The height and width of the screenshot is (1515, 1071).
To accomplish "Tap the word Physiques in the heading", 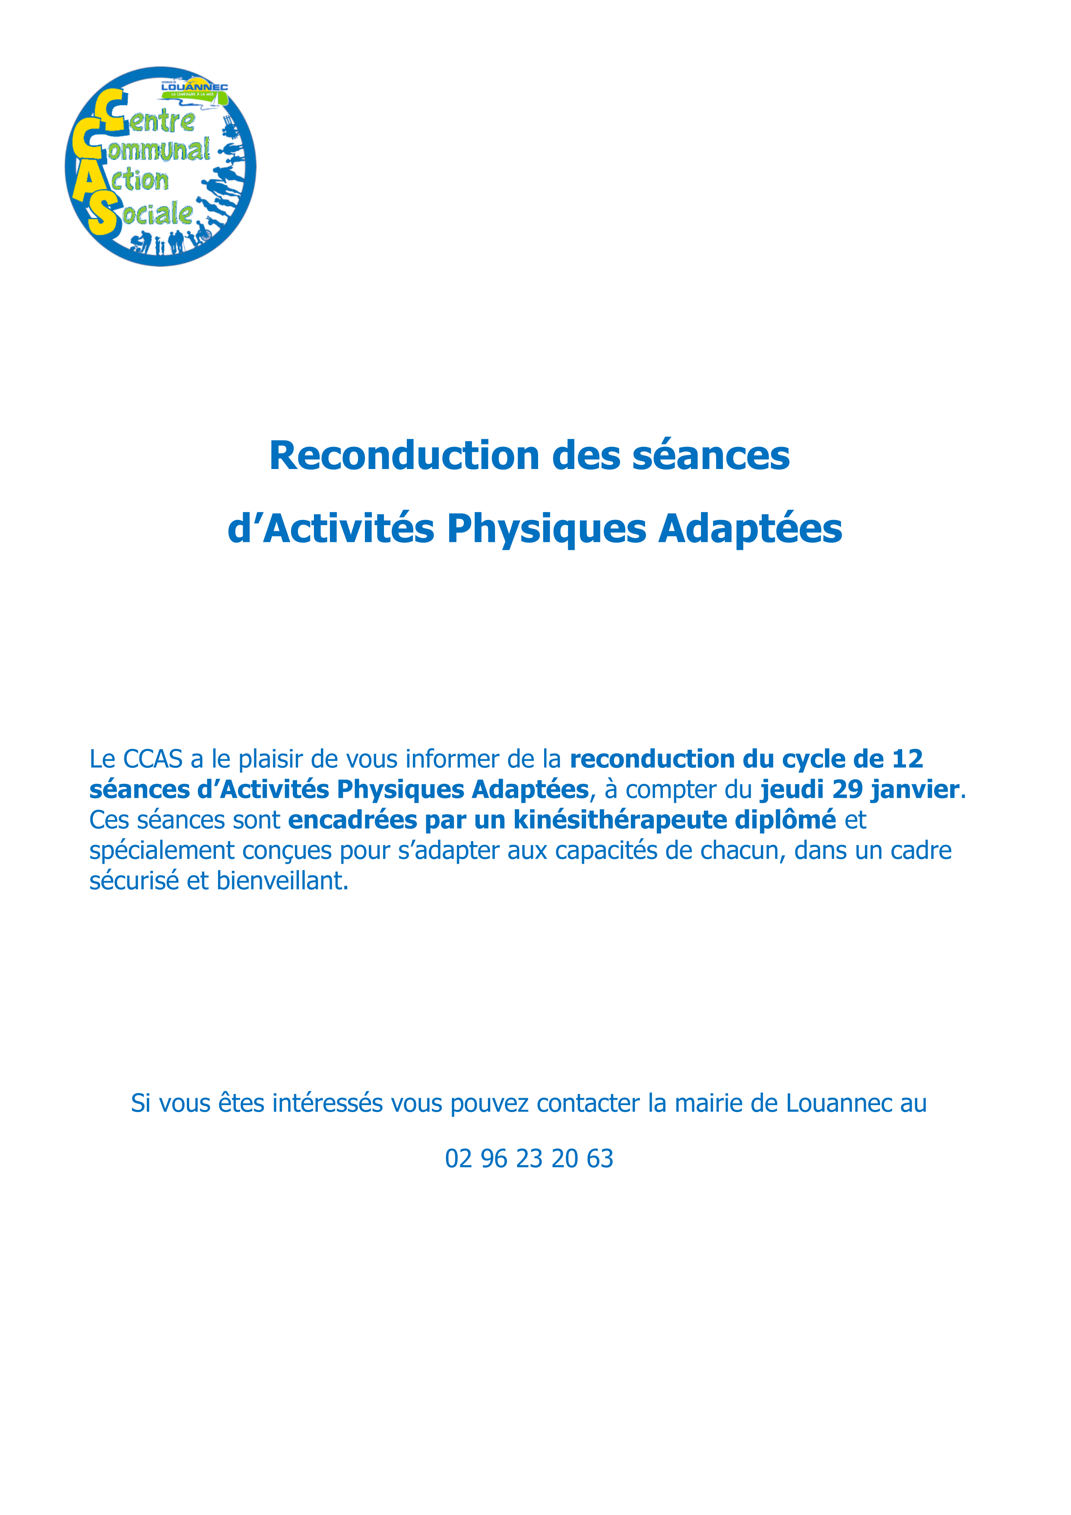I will pyautogui.click(x=546, y=529).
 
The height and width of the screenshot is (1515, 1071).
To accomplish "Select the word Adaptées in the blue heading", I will pyautogui.click(x=750, y=529).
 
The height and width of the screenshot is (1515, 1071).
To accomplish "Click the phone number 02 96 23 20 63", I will pyautogui.click(x=529, y=1159).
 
